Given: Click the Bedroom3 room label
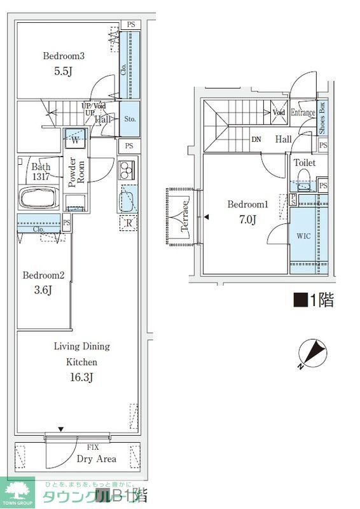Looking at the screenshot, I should pyautogui.click(x=64, y=56).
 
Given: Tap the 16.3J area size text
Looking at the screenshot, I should pyautogui.click(x=81, y=378).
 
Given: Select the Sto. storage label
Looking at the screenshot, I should pyautogui.click(x=129, y=119).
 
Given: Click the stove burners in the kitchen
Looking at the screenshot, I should pyautogui.click(x=127, y=171).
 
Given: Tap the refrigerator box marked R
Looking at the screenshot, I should pyautogui.click(x=128, y=223).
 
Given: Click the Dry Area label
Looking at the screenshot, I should pyautogui.click(x=96, y=459).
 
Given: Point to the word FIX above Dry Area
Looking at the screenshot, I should pyautogui.click(x=93, y=447).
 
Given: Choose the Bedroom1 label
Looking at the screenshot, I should pyautogui.click(x=248, y=205).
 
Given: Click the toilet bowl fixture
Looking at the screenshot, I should pyautogui.click(x=303, y=178).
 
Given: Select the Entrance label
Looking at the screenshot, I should pyautogui.click(x=303, y=113).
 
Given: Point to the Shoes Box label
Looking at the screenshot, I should pyautogui.click(x=322, y=118).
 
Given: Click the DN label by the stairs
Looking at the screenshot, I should pyautogui.click(x=256, y=139).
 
